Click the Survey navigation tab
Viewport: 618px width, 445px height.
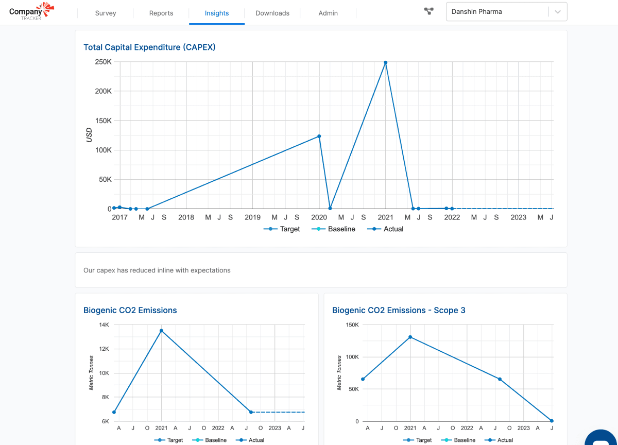106,13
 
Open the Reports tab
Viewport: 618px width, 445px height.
161,13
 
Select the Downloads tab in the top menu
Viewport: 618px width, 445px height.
272,13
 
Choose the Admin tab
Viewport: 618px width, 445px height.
328,13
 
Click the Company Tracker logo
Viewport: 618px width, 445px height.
31,11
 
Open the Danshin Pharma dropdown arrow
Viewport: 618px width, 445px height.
558,12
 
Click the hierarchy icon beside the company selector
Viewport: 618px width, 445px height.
428,11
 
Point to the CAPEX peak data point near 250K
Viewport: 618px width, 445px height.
386,63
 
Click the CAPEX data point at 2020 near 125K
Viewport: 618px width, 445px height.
319,136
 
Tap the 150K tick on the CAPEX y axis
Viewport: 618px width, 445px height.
104,121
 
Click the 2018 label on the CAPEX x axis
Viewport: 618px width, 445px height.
186,217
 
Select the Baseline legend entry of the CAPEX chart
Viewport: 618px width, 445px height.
335,229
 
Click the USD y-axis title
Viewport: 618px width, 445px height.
89,135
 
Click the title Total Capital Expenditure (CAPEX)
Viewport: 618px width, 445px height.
149,47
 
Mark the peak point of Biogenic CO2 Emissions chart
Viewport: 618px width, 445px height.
161,331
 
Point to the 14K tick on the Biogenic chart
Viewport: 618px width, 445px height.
104,325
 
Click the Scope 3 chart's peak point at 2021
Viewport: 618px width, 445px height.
410,337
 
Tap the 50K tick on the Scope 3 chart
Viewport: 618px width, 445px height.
353,389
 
